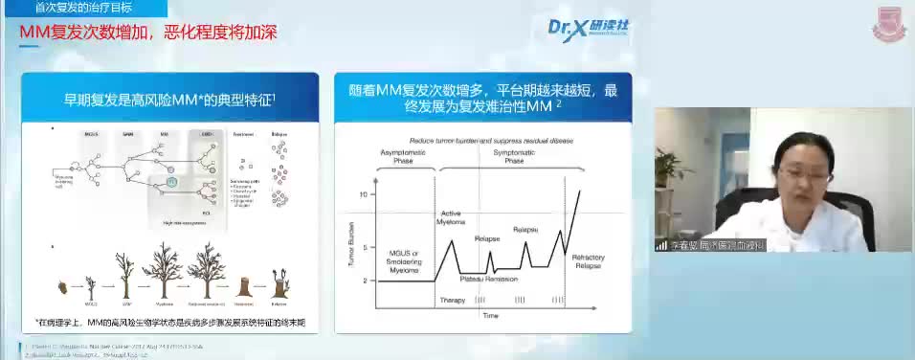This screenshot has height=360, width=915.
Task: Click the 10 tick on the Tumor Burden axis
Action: (363, 194)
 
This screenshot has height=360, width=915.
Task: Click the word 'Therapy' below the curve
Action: (452, 300)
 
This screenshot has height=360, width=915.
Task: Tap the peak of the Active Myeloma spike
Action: (452, 239)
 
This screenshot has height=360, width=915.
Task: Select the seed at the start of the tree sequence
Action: (62, 285)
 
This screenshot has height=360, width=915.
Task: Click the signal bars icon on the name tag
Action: (661, 245)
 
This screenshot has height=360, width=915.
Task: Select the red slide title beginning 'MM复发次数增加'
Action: (148, 34)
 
